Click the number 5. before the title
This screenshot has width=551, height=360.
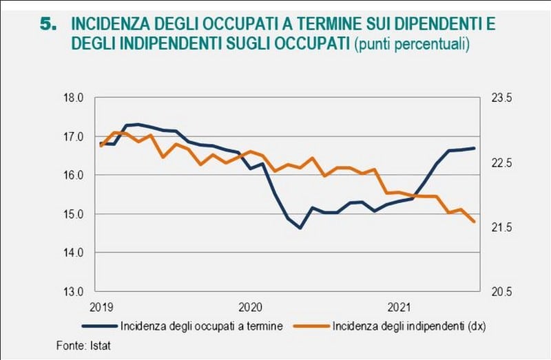coord(50,25)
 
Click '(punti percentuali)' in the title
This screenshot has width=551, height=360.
coord(412,44)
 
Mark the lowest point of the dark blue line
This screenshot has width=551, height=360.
coord(300,228)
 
